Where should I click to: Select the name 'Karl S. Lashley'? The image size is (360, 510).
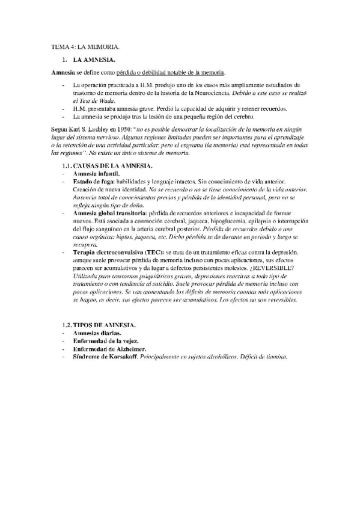point(87,130)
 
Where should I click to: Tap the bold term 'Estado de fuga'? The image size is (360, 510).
point(96,181)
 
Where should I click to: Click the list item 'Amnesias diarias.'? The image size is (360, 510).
point(97,333)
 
